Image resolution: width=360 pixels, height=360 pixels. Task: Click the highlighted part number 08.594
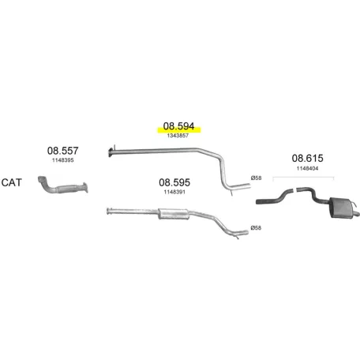tap(178, 126)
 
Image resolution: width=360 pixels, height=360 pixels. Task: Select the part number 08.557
tap(62, 151)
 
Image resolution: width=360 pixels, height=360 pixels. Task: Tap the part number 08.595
tap(174, 182)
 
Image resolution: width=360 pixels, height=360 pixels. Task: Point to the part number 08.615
tap(307, 158)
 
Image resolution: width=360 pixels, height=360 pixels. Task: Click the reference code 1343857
tap(178, 136)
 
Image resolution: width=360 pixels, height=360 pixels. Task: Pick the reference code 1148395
tap(63, 160)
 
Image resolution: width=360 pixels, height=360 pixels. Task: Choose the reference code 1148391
tap(174, 192)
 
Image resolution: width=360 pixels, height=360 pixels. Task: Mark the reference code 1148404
tap(307, 168)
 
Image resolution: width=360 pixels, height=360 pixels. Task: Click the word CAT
tap(11, 182)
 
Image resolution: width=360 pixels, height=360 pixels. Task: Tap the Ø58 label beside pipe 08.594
tap(256, 178)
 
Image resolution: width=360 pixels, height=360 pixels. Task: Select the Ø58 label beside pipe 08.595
tap(256, 228)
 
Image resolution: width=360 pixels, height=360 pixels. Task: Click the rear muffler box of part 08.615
tap(342, 208)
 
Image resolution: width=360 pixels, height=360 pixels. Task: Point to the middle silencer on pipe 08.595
tap(174, 214)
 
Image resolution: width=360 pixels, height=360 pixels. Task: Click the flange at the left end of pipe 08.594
tap(111, 152)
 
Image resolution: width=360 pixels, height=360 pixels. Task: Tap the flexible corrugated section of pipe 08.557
tap(67, 189)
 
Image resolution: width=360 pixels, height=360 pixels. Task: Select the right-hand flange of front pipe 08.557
tap(84, 187)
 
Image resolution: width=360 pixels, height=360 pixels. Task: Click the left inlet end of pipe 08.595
tap(108, 211)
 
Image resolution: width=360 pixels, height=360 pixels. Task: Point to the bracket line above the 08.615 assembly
tap(303, 178)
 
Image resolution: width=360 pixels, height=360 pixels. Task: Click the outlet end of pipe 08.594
tap(247, 186)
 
